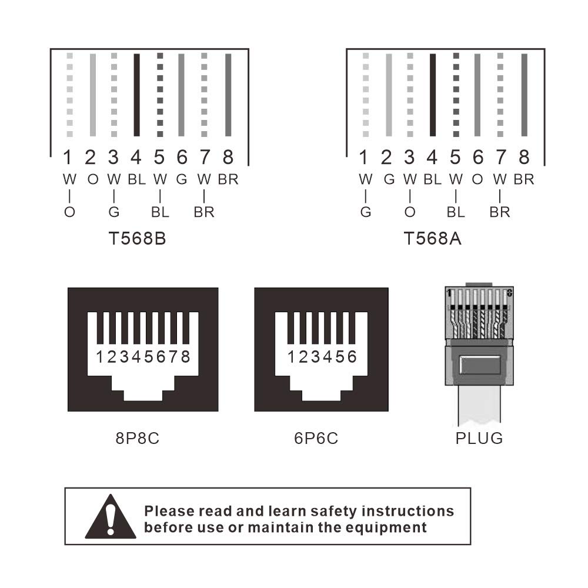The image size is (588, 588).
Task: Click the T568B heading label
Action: coord(137,239)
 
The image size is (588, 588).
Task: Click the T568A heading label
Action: coord(432,239)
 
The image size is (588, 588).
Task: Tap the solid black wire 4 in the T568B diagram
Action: coord(137,95)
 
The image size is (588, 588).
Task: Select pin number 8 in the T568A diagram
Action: coord(524,157)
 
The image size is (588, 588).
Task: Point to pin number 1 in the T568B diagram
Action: coord(68,157)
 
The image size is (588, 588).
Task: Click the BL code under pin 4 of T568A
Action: coord(432,179)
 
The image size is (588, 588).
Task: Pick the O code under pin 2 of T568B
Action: coord(93,179)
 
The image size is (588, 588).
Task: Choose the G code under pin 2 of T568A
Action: coord(389,179)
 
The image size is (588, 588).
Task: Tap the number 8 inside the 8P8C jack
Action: coord(186,357)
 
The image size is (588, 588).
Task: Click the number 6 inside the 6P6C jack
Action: coord(352,357)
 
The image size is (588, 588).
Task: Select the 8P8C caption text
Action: coord(137,438)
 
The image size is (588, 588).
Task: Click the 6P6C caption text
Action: coord(316,438)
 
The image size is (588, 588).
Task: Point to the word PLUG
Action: coord(479,439)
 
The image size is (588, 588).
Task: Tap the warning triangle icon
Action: coord(111,517)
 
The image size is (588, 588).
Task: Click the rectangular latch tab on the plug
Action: coord(480,365)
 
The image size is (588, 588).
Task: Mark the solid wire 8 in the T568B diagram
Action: coord(228,95)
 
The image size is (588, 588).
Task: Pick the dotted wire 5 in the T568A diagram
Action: coord(456,95)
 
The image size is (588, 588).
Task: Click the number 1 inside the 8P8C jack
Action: coord(99,357)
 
